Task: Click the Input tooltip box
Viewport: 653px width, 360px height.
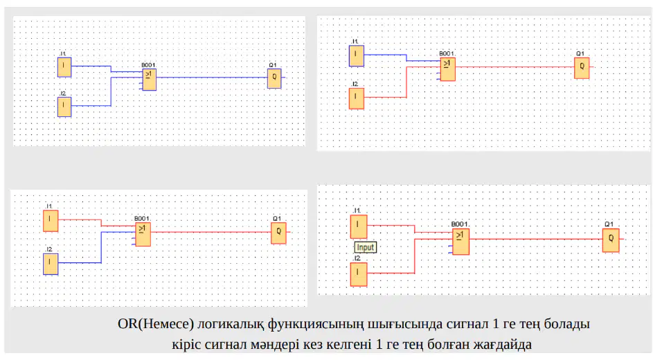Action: point(365,247)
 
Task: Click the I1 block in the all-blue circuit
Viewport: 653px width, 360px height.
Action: point(64,67)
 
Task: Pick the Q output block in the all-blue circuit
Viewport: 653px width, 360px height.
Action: point(274,78)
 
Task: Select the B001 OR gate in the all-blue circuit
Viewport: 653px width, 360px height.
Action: point(149,80)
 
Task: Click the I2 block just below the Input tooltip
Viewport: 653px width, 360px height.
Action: point(359,274)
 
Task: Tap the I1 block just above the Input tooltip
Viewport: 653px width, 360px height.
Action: point(359,227)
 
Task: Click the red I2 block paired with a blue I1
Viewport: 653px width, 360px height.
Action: point(357,98)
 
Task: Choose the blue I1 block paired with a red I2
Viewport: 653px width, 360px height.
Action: point(357,56)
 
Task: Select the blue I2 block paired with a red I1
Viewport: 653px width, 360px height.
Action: point(51,264)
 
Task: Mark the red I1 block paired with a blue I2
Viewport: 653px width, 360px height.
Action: point(51,221)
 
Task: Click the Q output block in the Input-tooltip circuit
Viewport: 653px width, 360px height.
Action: point(611,240)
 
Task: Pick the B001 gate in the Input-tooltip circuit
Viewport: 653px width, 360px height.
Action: point(460,242)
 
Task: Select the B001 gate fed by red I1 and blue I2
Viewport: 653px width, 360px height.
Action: point(143,234)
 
